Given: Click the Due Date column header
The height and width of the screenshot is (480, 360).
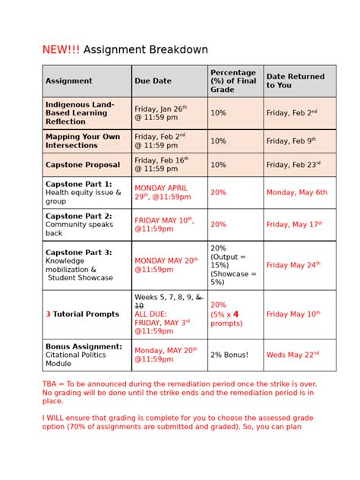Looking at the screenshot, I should (x=153, y=81).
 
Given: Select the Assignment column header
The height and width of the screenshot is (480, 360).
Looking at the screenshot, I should (x=68, y=81).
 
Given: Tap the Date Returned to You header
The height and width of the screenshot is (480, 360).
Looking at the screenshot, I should (x=295, y=81).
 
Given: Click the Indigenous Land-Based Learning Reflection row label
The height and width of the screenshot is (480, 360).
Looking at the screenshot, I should (x=81, y=112).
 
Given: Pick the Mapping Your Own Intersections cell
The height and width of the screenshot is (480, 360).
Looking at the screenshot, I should (x=83, y=141).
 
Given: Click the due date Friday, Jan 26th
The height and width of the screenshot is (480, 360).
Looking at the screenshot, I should (x=160, y=112).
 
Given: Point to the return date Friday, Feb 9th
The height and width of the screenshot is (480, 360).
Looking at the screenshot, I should (x=291, y=141).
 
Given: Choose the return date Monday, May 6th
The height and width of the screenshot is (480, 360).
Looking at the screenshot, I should (x=297, y=193).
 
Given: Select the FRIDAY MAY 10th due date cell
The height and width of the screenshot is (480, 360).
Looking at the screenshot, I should (x=164, y=224).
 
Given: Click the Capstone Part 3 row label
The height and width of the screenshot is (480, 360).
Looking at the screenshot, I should (x=79, y=264).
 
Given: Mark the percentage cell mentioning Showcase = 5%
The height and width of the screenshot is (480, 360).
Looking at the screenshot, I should (x=234, y=264).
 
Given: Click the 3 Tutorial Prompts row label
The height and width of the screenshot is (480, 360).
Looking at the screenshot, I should (x=82, y=314).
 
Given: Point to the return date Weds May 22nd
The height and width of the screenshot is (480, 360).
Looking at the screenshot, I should (x=292, y=354).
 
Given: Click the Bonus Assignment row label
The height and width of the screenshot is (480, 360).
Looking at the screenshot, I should (x=84, y=351).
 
